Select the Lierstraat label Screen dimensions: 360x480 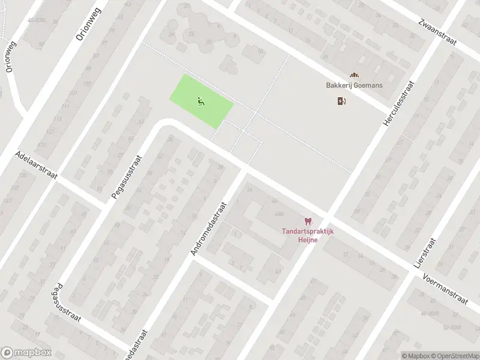tap(425, 251)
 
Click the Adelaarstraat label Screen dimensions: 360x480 tap(37, 166)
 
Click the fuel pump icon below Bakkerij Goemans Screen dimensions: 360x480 tap(341, 101)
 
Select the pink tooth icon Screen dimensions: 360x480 tap(308, 221)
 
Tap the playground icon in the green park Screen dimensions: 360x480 tap(200, 101)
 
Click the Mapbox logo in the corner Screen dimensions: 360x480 tap(26, 353)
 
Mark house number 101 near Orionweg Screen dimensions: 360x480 tap(73, 92)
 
